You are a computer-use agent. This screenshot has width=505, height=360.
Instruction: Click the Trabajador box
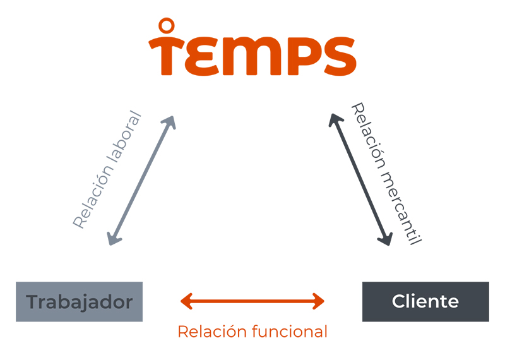click(79, 302)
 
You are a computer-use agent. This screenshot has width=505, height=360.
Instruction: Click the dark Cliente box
click(425, 302)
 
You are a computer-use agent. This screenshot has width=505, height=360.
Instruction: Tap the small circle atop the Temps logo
click(166, 26)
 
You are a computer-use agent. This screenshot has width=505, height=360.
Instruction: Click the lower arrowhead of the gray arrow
click(112, 239)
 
